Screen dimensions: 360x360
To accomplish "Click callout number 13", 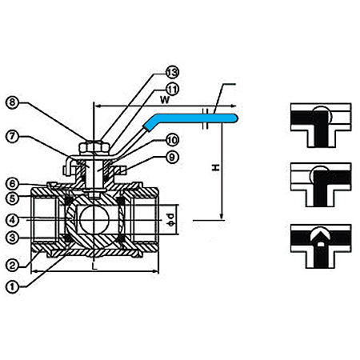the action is [173, 72].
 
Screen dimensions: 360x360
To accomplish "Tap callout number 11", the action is [173, 90].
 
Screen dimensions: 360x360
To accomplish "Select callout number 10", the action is [173, 140].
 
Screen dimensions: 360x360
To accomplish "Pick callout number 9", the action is [172, 158].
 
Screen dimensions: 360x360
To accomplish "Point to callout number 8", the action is [13, 102].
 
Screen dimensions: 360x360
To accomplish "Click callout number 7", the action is [13, 137].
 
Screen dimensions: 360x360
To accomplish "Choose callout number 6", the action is [13, 184].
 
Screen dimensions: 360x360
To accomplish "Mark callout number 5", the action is [13, 198].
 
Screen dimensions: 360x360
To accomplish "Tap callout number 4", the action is [13, 220].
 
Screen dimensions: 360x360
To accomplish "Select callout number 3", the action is [13, 238].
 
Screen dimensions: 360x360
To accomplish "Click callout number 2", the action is [13, 266].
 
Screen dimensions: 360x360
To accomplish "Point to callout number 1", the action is [13, 287].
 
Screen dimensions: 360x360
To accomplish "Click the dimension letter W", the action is [165, 100].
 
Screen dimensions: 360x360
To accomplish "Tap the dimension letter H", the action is [215, 167].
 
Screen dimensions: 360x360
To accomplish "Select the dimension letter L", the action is [94, 266].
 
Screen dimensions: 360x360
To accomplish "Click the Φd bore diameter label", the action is [170, 219].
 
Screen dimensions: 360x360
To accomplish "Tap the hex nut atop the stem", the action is [94, 147].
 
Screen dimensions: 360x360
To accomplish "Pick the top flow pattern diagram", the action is [321, 125].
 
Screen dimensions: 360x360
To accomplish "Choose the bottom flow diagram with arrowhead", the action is [321, 246].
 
